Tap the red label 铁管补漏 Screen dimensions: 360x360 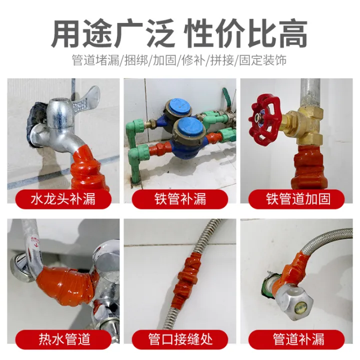180,199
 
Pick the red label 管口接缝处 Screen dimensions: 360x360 180,339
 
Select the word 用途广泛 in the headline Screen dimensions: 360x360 113,34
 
